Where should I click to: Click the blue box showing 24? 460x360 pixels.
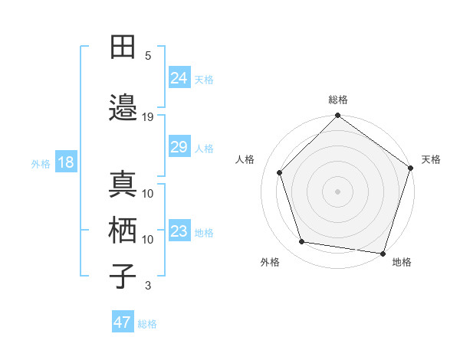coord(179,77)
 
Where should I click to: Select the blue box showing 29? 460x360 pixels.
coord(179,147)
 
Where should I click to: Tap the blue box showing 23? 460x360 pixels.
coord(179,231)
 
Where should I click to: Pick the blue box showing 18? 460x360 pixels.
coord(65,162)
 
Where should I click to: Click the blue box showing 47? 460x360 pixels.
coord(123,322)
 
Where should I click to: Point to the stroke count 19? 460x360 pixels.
coord(148,116)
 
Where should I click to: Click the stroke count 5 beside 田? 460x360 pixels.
coord(148,56)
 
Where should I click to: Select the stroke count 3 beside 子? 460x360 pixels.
coord(148,286)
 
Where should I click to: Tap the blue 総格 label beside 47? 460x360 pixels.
coord(147,324)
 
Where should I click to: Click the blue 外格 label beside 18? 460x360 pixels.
coord(41,164)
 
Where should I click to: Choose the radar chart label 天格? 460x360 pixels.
coord(431,159)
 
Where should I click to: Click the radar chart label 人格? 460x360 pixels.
coord(245,159)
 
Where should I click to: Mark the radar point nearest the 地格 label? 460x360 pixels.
coord(383,253)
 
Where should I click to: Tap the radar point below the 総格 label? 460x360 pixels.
coord(337,116)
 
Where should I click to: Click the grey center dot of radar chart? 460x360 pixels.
coord(337,191)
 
